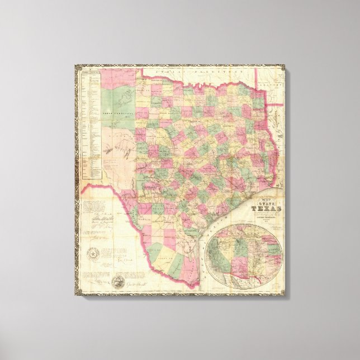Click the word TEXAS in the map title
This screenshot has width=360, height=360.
(264, 210)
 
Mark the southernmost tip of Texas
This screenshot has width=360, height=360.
(193, 285)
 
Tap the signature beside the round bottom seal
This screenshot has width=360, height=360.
(140, 283)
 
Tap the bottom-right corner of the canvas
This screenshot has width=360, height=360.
(283, 294)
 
